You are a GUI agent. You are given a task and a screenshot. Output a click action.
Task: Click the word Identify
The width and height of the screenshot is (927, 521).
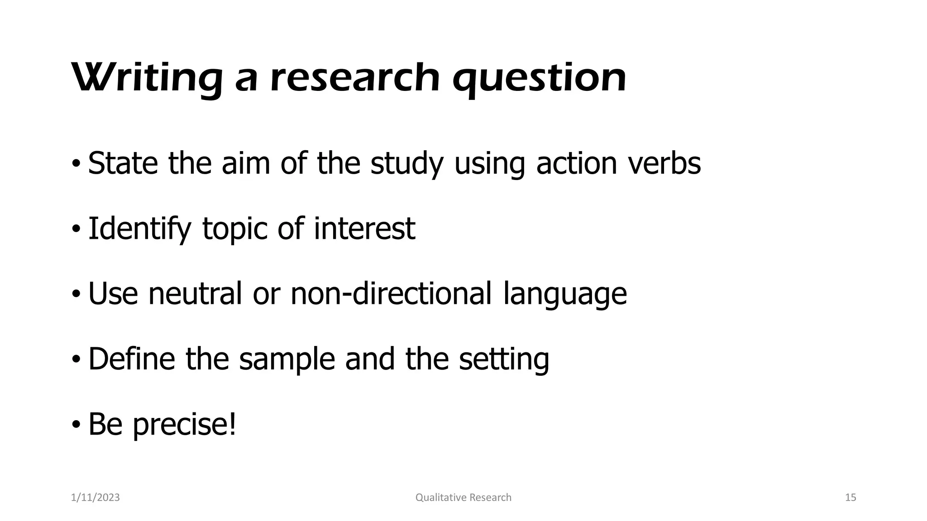point(139,229)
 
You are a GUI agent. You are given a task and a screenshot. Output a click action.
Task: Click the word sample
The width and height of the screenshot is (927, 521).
point(287,359)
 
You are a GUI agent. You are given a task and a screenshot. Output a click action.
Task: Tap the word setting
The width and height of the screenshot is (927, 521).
point(504,359)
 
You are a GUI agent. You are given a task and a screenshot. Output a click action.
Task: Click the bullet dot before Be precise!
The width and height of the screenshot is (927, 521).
point(76,425)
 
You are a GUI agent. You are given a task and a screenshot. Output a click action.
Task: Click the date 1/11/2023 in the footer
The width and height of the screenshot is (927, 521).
point(96,497)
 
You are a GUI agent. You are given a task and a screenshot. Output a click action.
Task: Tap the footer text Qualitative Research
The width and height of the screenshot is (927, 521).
point(463,497)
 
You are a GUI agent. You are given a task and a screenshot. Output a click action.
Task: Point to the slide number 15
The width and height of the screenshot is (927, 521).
point(851,497)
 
